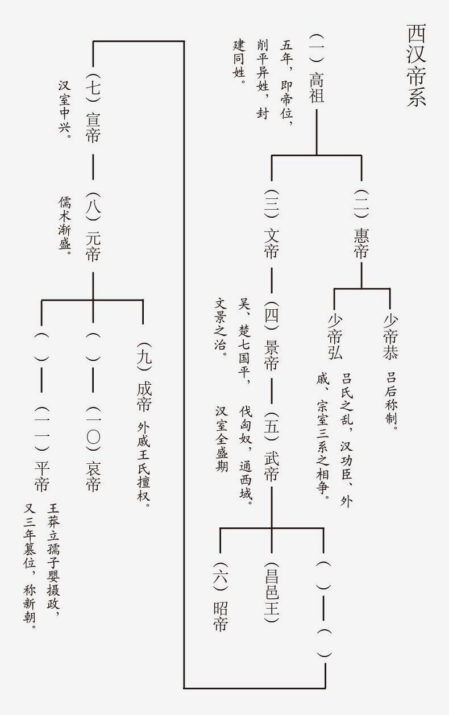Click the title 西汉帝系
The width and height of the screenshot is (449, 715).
(x=416, y=65)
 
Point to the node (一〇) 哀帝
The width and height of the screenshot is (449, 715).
(x=93, y=450)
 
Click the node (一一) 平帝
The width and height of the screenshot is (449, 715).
(x=41, y=450)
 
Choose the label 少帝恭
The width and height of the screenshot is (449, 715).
(x=390, y=336)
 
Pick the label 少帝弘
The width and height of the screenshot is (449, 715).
(x=334, y=336)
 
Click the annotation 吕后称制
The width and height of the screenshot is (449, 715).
(x=392, y=401)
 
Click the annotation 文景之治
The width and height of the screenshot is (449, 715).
(x=221, y=327)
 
